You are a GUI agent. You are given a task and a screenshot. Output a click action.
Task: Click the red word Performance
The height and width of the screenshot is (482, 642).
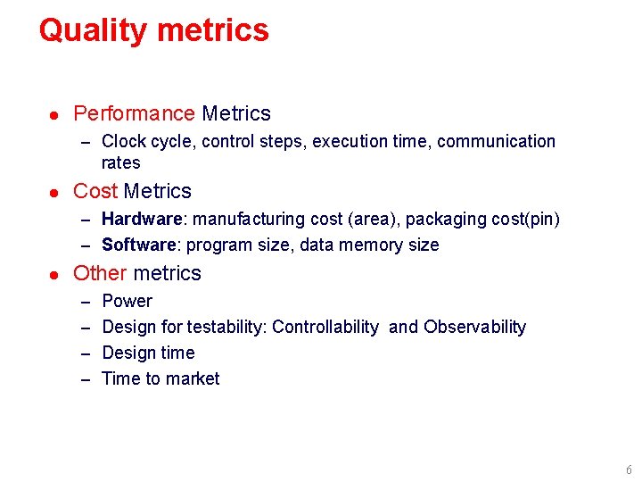click(x=134, y=114)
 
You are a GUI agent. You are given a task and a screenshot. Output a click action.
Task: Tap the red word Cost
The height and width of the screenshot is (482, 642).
click(x=95, y=191)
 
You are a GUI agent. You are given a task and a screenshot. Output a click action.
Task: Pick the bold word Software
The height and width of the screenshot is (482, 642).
click(x=140, y=245)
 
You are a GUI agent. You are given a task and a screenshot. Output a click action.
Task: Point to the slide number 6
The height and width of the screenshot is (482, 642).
click(x=629, y=470)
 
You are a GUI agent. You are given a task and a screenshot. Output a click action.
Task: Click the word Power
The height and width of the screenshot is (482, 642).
click(x=127, y=302)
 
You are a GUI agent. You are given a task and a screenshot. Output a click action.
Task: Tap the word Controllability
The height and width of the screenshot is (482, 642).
click(x=325, y=328)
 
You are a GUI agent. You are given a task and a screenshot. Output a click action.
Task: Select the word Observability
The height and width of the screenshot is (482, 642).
click(x=474, y=328)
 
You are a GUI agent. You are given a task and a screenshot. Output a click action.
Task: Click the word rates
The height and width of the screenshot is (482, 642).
click(x=121, y=163)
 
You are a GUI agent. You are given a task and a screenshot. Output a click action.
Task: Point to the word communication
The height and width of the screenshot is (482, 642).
click(x=496, y=142)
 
